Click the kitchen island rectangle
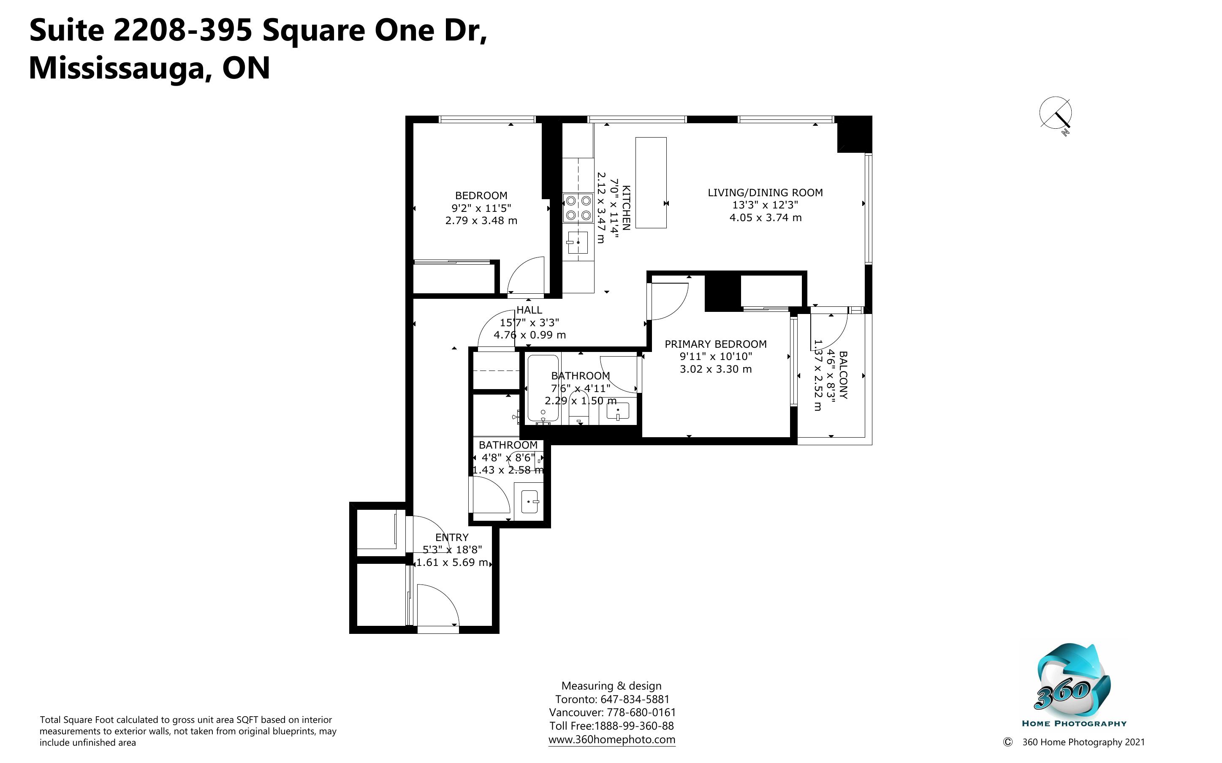click(x=651, y=183)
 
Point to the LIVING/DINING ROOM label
click(x=765, y=192)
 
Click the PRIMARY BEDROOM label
click(x=715, y=344)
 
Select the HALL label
click(x=529, y=310)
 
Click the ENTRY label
click(x=452, y=537)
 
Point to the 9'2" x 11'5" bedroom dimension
click(x=481, y=208)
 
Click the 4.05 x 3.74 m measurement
click(x=765, y=217)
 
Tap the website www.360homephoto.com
click(x=612, y=740)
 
